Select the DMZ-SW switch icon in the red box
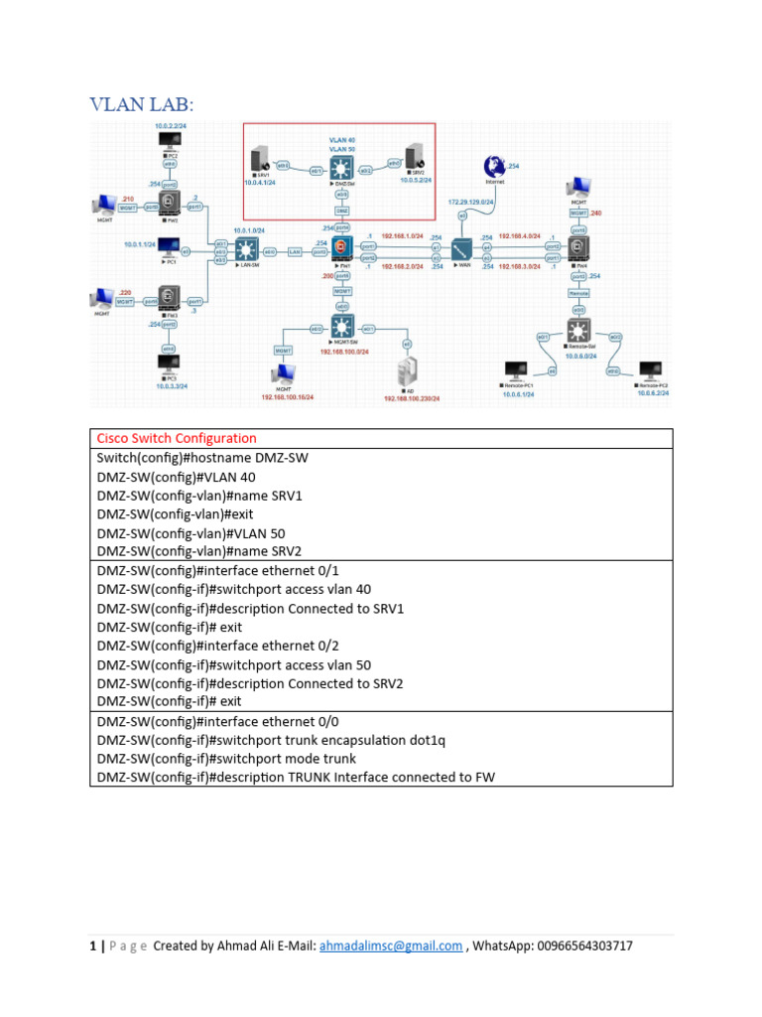pyautogui.click(x=342, y=166)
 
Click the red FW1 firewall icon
pyautogui.click(x=342, y=248)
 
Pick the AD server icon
pyautogui.click(x=406, y=374)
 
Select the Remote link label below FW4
pyautogui.click(x=578, y=293)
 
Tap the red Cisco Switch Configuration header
pyautogui.click(x=176, y=438)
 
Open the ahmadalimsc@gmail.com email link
pyautogui.click(x=390, y=945)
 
